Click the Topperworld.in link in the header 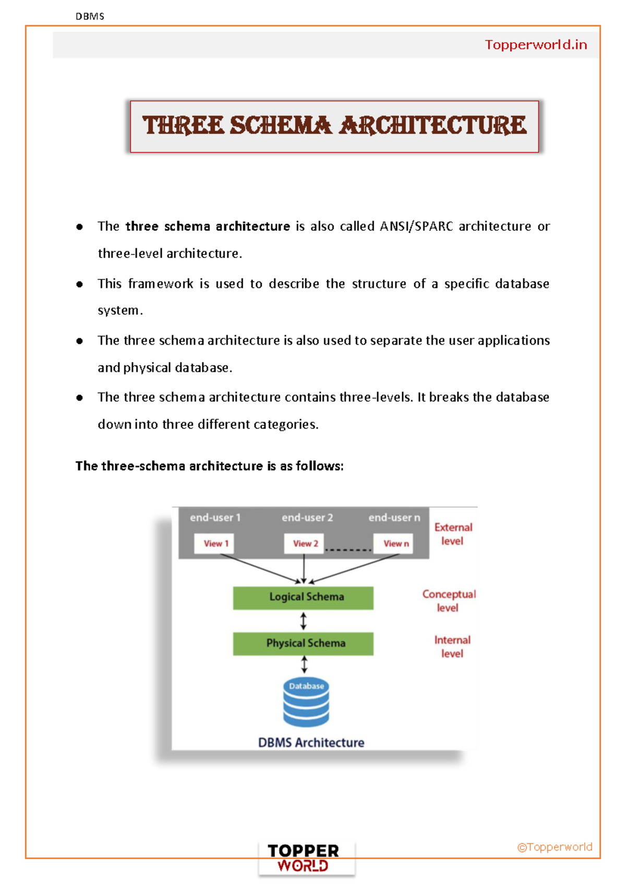coord(536,45)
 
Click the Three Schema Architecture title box coord(334,126)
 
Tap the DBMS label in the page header coord(90,16)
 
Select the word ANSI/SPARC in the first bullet coord(416,226)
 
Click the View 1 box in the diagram coord(215,544)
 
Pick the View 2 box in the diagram coord(305,544)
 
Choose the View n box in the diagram coord(394,544)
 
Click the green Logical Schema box coord(303,597)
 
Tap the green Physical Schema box coord(303,643)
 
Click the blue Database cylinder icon coord(306,702)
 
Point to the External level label coord(453,534)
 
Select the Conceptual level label coord(449,600)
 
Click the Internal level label coord(452,646)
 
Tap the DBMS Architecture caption coord(311,742)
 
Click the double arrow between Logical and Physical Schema coord(304,621)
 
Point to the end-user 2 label coord(307,518)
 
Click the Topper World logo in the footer coord(304,858)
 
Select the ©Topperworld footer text coord(555,847)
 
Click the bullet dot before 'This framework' coord(79,284)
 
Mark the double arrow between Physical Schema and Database coord(304,665)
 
